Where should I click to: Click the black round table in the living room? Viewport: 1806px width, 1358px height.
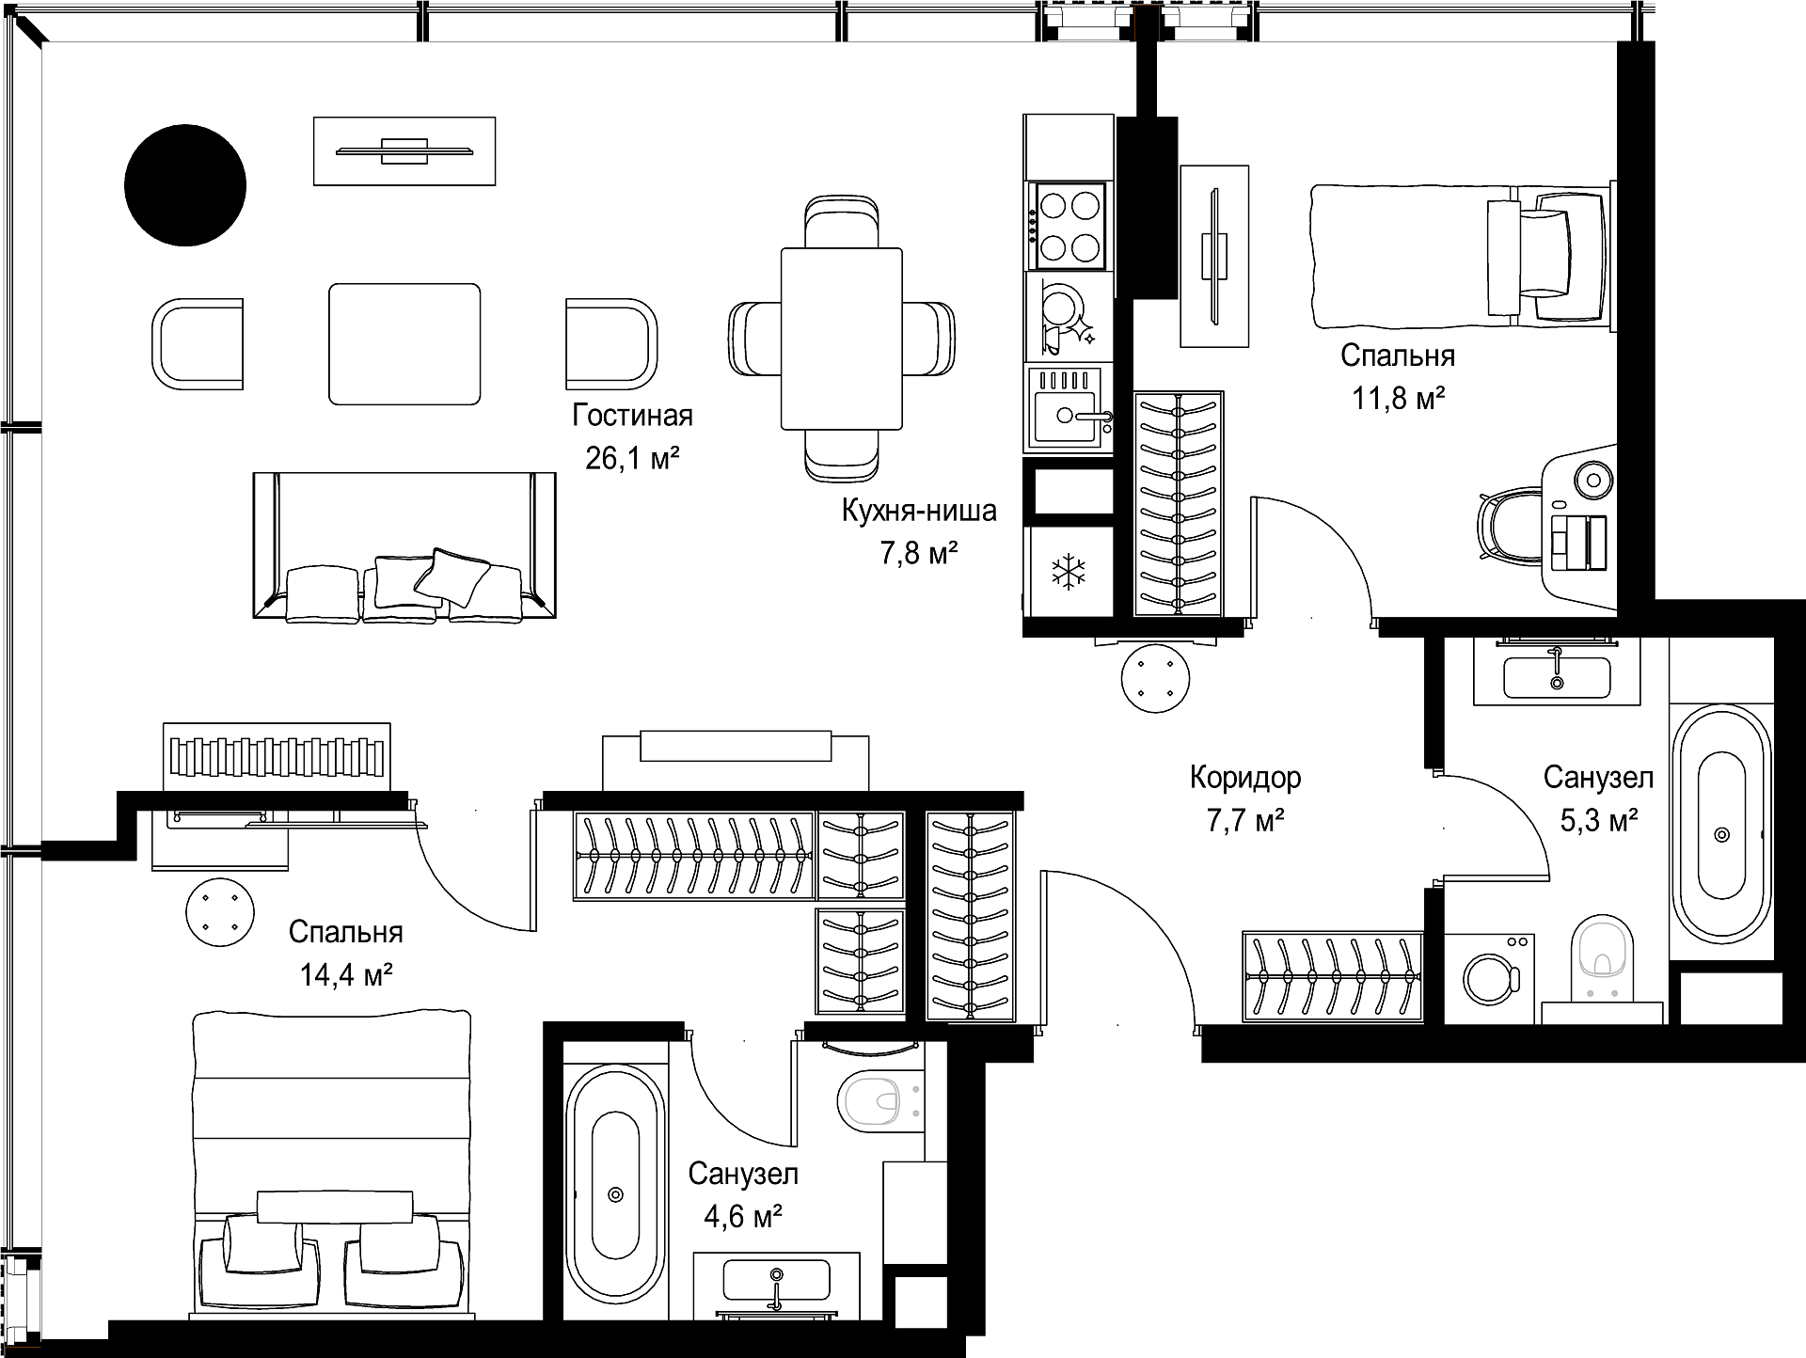tap(185, 185)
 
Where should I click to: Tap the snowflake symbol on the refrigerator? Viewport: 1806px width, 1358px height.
tap(1068, 572)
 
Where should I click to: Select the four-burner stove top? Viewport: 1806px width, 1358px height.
tap(1069, 227)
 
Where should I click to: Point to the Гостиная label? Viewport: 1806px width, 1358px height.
tap(632, 416)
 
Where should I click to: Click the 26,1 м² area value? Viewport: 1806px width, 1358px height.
tap(632, 459)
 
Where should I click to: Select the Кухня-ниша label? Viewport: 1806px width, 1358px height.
tap(919, 511)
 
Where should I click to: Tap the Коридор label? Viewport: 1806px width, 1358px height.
tap(1245, 778)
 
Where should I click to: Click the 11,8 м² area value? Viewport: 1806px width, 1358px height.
tap(1399, 399)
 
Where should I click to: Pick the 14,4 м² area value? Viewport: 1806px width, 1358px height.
tap(346, 975)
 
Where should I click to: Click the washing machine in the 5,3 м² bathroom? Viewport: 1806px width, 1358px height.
tap(1489, 978)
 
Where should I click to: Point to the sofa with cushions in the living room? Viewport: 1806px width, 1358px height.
tap(404, 546)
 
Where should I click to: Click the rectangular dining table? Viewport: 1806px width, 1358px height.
tap(842, 339)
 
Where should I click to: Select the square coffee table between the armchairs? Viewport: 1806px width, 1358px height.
tap(404, 344)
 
